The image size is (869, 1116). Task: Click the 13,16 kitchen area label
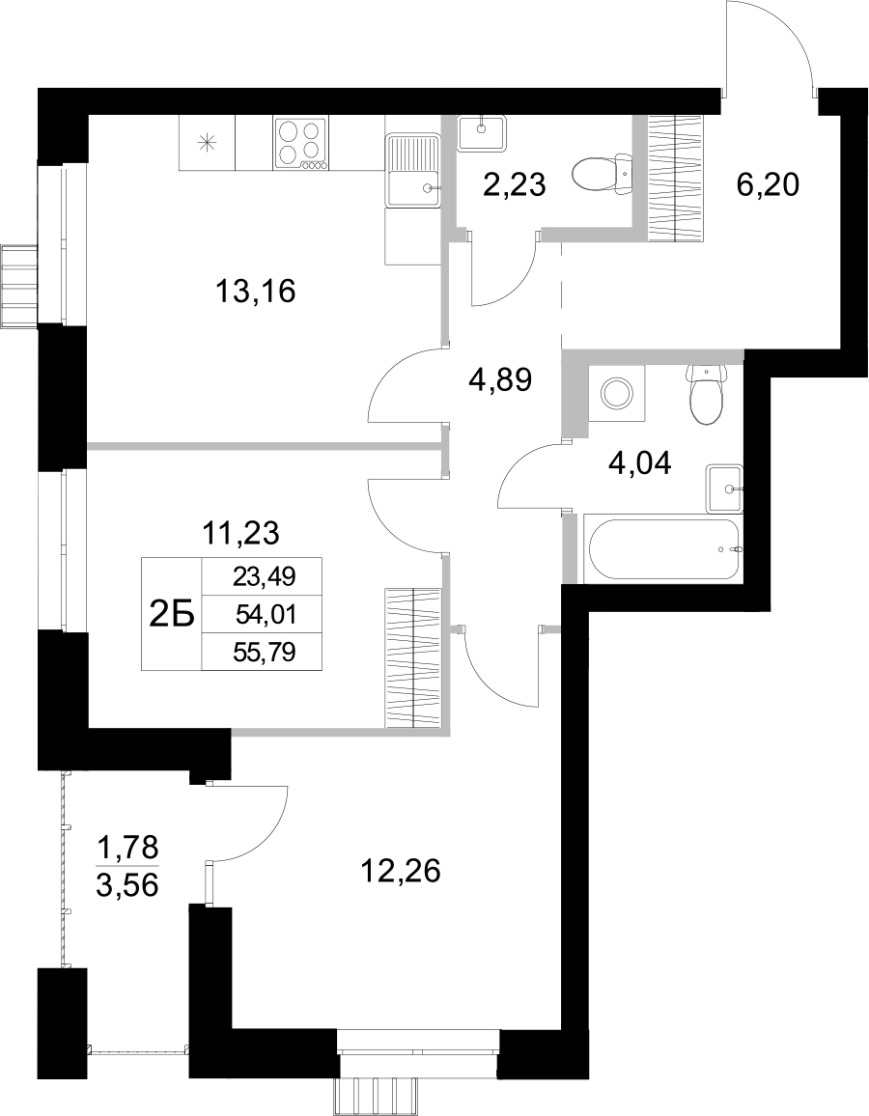[x=255, y=291]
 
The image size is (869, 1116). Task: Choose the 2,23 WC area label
[x=515, y=184]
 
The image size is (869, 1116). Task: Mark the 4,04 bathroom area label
[x=640, y=463]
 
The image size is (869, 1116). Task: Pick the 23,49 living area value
[x=264, y=577]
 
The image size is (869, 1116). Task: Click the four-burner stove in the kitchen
[x=300, y=144]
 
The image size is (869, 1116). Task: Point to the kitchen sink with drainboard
[x=414, y=171]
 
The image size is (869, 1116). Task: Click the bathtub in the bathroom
[x=663, y=550]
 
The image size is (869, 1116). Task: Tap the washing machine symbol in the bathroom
[x=615, y=393]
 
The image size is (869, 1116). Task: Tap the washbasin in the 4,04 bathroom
[x=724, y=489]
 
